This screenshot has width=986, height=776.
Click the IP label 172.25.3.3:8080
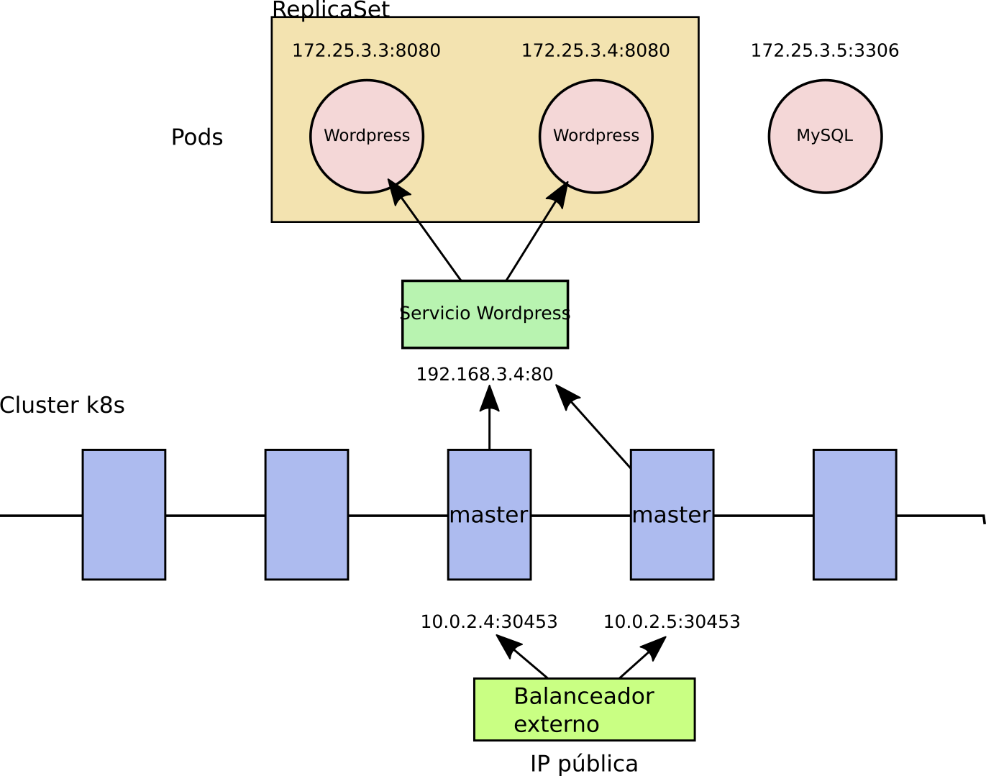point(366,51)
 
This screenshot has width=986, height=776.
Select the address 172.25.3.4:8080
point(595,51)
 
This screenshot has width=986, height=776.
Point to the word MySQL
point(825,136)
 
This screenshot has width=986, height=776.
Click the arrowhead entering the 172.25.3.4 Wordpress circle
point(559,195)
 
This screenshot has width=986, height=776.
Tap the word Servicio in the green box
point(437,314)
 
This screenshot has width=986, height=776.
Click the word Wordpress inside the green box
point(523,314)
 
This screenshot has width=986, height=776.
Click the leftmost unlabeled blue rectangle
point(124,515)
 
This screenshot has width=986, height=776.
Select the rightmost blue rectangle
point(854,515)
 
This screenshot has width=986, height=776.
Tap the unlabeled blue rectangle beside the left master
point(306,515)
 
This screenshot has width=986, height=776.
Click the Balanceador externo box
point(584,710)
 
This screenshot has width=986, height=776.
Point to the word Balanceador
point(583,697)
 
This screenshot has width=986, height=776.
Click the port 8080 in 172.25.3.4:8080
point(647,51)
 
